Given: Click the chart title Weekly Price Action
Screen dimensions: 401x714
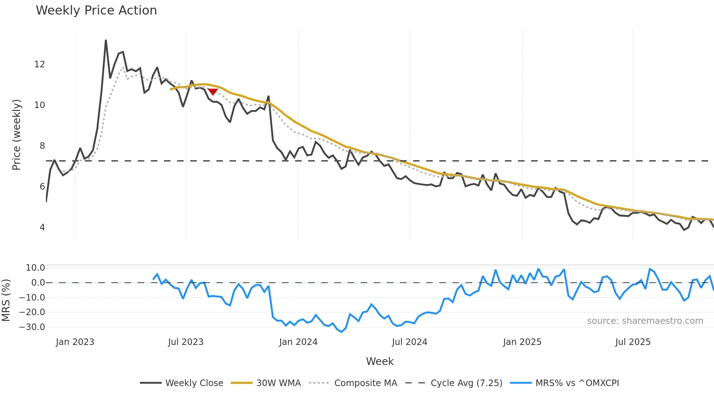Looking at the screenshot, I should pos(96,10).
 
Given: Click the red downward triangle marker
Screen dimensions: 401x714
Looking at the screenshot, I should pos(213,92).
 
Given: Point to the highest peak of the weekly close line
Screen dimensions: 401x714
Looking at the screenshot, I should pos(106,40).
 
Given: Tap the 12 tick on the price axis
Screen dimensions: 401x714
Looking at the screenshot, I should pos(39,64).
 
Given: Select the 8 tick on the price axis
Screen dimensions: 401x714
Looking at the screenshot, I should pos(42,146).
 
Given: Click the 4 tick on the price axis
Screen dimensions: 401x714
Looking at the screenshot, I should pos(42,227).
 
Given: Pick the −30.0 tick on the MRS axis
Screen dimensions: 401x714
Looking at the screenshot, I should pos(32,327).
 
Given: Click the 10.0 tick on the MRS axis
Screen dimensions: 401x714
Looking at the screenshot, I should pos(35,268).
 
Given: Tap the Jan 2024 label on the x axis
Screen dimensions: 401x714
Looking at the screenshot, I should pos(298,342).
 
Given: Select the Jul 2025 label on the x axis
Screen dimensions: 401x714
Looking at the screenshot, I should pos(633,342).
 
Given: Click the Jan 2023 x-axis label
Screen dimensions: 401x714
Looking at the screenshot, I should pos(75,342).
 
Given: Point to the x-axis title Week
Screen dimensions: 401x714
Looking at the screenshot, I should pos(380,361).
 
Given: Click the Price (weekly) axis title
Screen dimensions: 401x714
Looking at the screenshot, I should pos(16,135).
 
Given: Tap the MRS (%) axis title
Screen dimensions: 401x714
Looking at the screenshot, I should pos(6,300).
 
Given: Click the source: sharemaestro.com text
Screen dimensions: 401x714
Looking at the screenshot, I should pos(645,321).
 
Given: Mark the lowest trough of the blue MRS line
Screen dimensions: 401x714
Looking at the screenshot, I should pos(341,332).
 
